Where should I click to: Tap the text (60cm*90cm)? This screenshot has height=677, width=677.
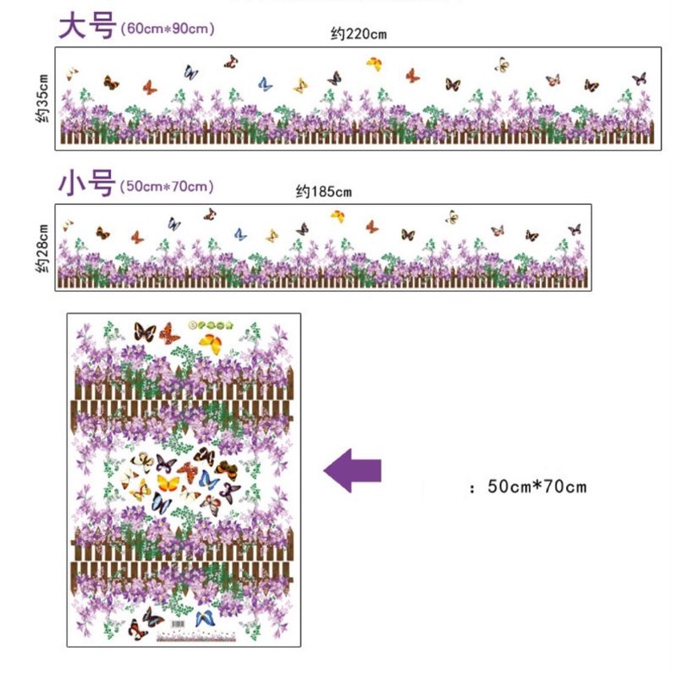pos(168,28)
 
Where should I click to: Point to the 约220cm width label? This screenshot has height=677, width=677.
pos(358,34)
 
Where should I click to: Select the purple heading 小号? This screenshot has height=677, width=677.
pos(85,183)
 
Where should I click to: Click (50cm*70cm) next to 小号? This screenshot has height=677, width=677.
pos(167,186)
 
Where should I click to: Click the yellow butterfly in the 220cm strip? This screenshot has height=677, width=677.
pos(374,64)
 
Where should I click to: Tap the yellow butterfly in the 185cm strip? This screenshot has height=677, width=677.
pos(338,216)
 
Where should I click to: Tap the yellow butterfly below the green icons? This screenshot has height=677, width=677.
pos(213,344)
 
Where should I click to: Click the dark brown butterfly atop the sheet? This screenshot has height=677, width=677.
pos(144,332)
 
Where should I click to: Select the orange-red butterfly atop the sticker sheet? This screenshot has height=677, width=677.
pos(170,332)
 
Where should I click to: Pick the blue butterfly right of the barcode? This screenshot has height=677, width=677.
pos(205,618)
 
